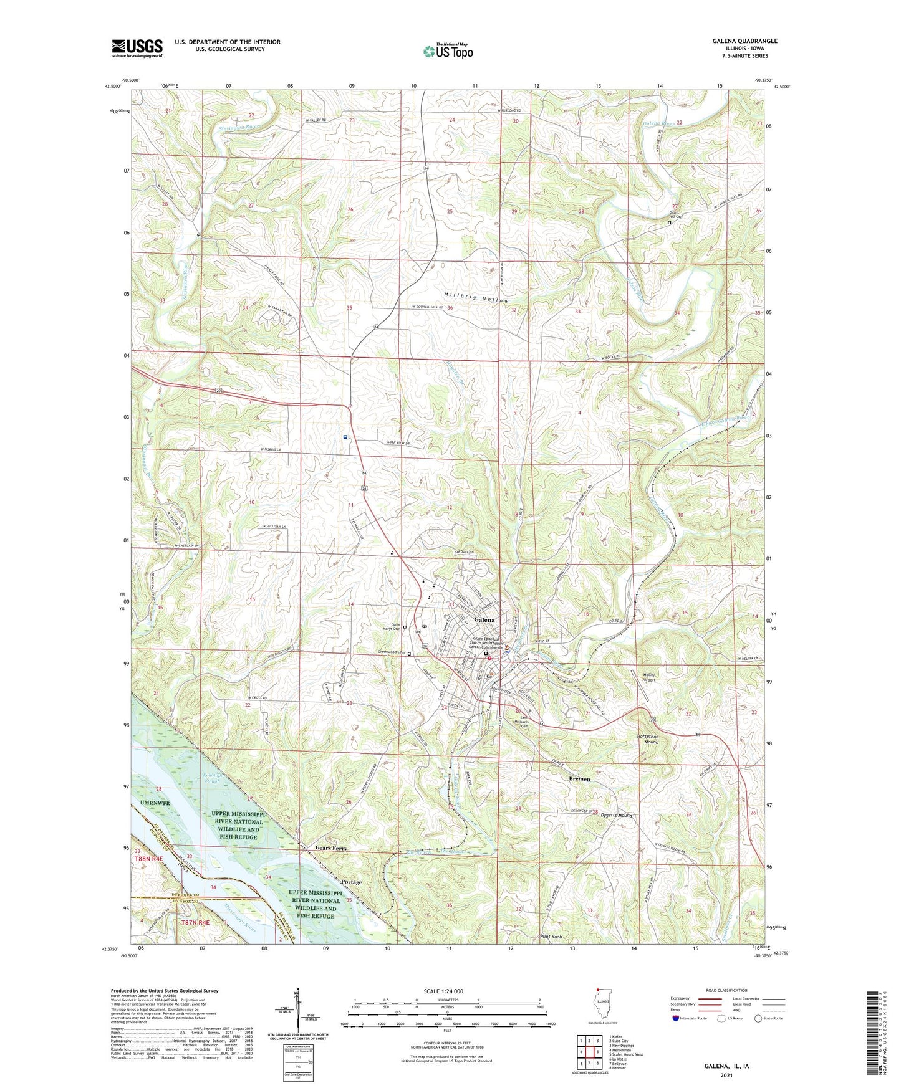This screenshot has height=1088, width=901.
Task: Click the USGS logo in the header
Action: [137, 47]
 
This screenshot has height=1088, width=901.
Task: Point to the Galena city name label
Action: [484, 620]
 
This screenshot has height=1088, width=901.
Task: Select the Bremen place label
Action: [579, 779]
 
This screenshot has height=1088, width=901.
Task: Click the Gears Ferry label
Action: [330, 849]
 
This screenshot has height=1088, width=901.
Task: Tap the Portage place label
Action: [352, 882]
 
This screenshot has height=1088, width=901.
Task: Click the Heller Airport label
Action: [649, 677]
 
